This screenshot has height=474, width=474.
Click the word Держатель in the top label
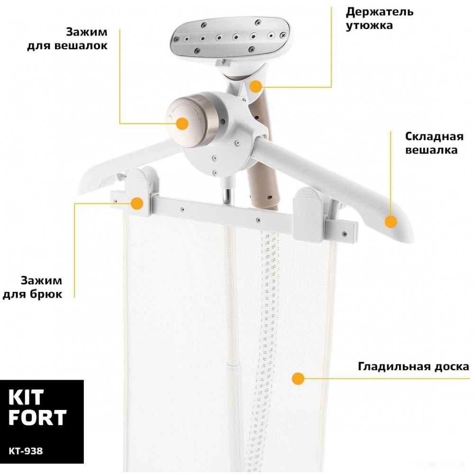pyautogui.click(x=379, y=12)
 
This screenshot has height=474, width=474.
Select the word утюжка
pyautogui.click(x=369, y=26)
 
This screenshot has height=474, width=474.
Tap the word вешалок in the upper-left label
pyautogui.click(x=82, y=46)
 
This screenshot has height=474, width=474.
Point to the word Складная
pyautogui.click(x=434, y=137)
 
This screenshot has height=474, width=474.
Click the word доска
pyautogui.click(x=452, y=367)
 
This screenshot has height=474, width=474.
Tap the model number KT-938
pyautogui.click(x=26, y=451)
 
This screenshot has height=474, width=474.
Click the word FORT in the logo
pyautogui.click(x=37, y=417)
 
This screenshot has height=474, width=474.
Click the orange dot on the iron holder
pyautogui.click(x=256, y=86)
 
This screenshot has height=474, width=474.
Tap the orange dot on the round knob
pyautogui.click(x=182, y=124)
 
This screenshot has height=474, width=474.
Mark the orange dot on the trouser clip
pyautogui.click(x=137, y=203)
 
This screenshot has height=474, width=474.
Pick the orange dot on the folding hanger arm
pyautogui.click(x=391, y=222)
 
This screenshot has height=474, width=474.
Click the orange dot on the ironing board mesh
pyautogui.click(x=298, y=379)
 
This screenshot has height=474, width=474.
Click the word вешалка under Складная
pyautogui.click(x=431, y=150)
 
